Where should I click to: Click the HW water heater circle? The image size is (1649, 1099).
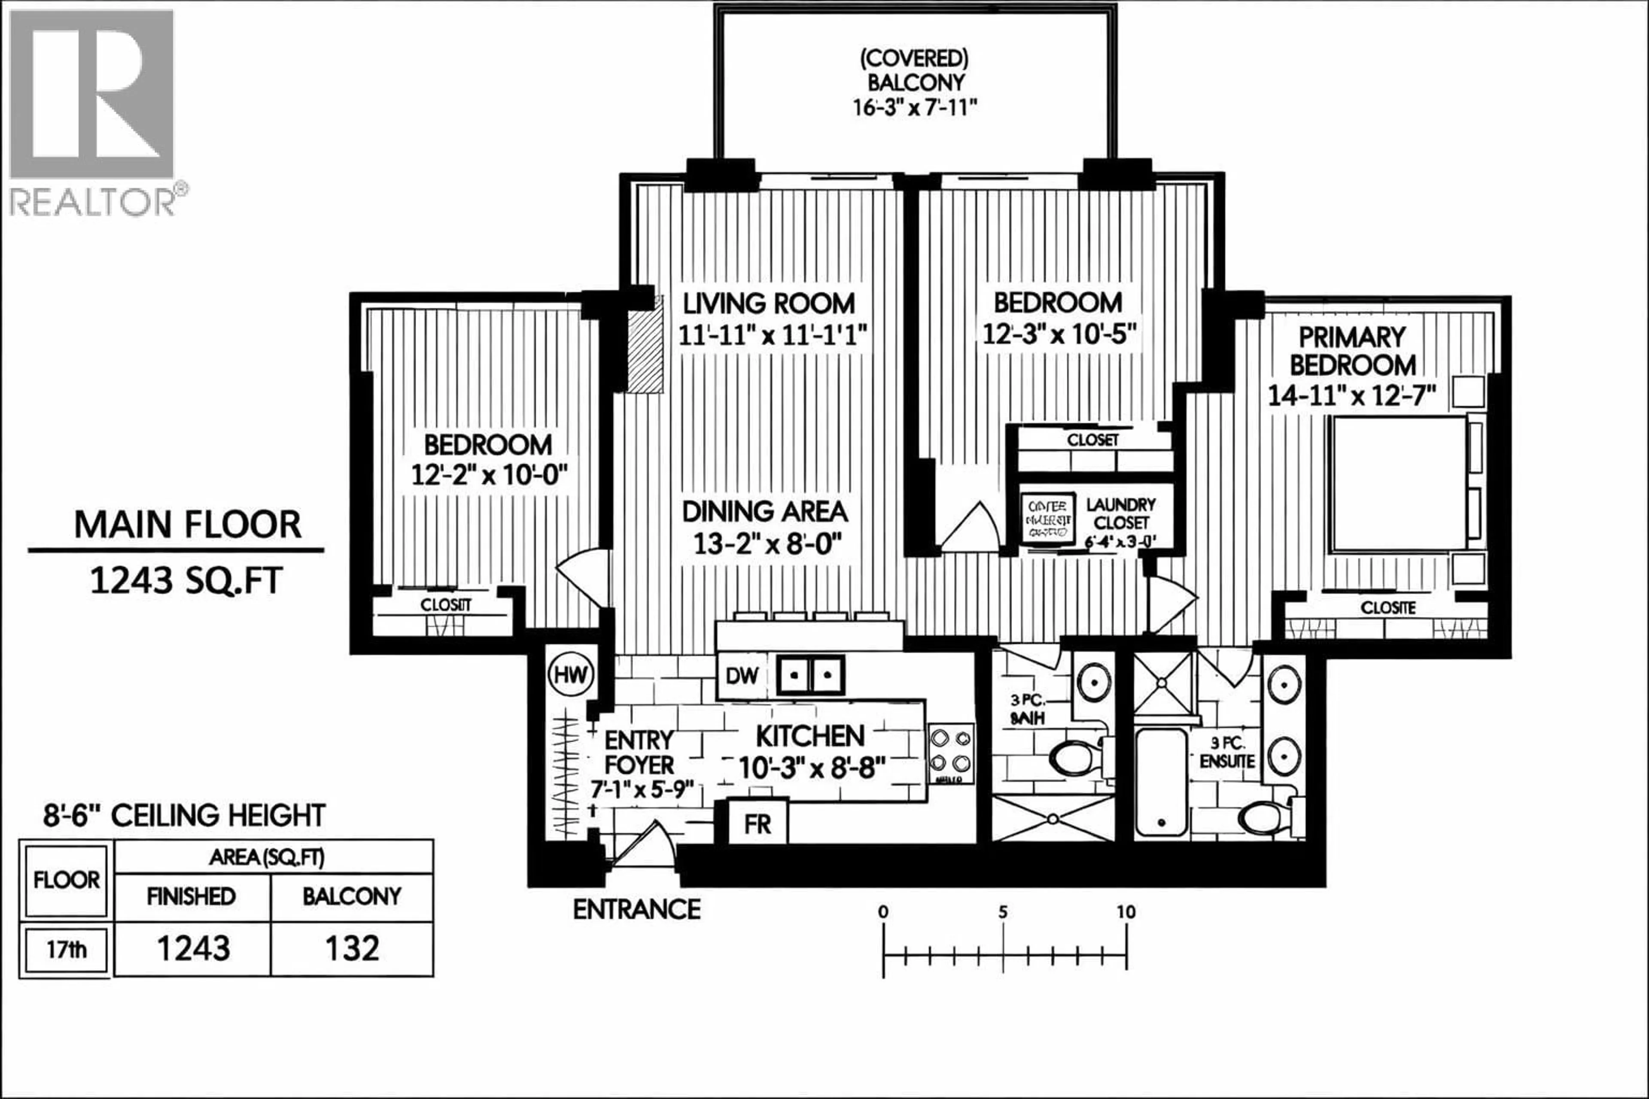tap(571, 675)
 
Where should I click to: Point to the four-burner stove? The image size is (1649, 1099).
tap(951, 751)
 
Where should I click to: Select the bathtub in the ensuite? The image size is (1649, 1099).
tap(1161, 783)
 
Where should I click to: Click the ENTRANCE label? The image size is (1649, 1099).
tap(636, 910)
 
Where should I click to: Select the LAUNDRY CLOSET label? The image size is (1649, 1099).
tap(1120, 514)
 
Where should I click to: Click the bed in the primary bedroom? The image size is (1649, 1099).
tap(1399, 484)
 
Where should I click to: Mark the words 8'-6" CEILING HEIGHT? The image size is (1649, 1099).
tap(184, 816)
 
